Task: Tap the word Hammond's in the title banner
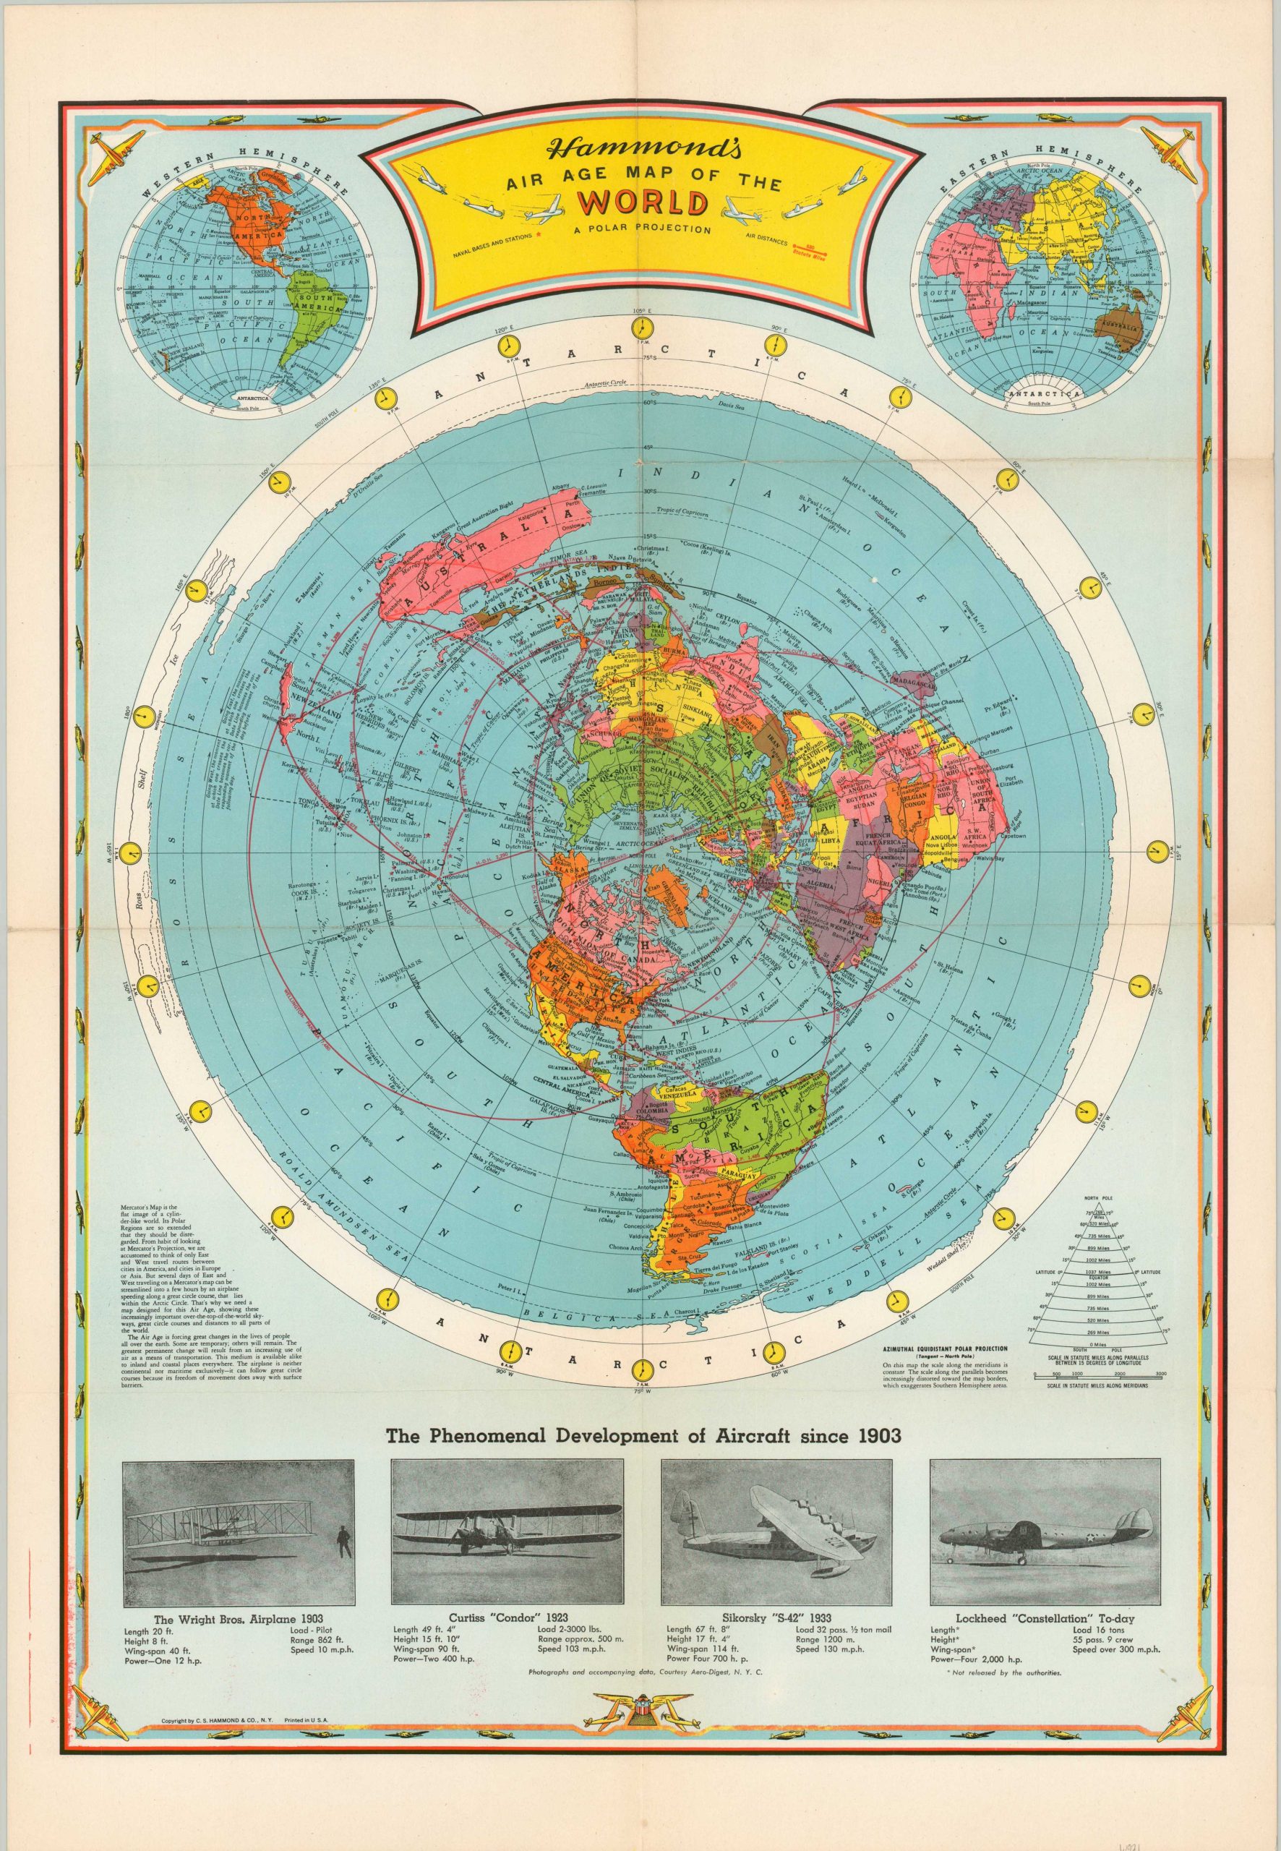click(x=635, y=151)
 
